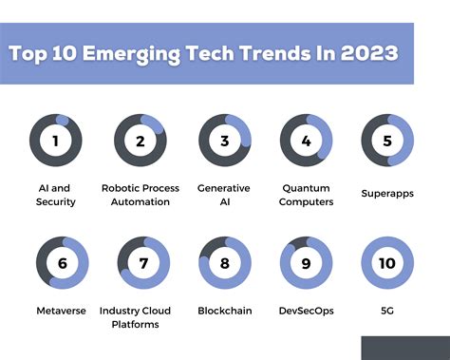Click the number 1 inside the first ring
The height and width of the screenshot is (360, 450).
click(x=56, y=142)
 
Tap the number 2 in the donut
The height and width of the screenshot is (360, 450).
click(x=141, y=142)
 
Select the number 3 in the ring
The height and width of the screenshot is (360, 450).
click(x=225, y=142)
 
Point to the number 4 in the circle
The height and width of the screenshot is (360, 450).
click(x=306, y=142)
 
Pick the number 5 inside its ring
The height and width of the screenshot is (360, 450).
click(x=387, y=142)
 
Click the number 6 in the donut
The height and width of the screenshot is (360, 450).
click(x=62, y=263)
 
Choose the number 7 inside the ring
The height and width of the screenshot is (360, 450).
click(x=143, y=263)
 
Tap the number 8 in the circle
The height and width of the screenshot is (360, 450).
click(x=225, y=263)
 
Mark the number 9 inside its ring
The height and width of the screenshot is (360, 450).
click(x=306, y=263)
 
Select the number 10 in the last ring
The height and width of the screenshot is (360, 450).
click(x=387, y=263)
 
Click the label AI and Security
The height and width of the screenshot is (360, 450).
click(x=55, y=195)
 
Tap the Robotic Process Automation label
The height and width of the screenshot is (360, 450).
click(x=141, y=195)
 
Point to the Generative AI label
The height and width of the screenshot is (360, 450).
click(x=224, y=195)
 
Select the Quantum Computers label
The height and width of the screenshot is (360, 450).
click(x=306, y=195)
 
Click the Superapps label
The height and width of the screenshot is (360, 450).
click(x=387, y=193)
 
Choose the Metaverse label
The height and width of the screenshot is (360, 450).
click(x=62, y=311)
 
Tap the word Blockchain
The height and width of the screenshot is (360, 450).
click(x=225, y=311)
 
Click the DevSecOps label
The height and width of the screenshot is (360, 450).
click(x=306, y=311)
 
